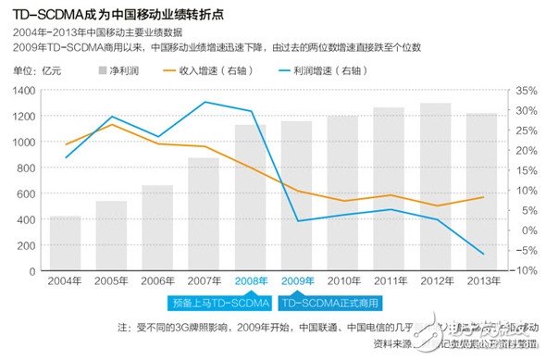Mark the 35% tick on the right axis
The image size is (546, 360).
(x=524, y=91)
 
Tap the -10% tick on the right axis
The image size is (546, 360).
(x=523, y=269)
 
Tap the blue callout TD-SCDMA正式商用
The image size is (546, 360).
(x=330, y=303)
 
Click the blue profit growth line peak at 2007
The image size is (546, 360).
(x=204, y=102)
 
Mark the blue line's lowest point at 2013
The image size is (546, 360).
(x=481, y=254)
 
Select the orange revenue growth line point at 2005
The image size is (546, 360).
(x=111, y=124)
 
